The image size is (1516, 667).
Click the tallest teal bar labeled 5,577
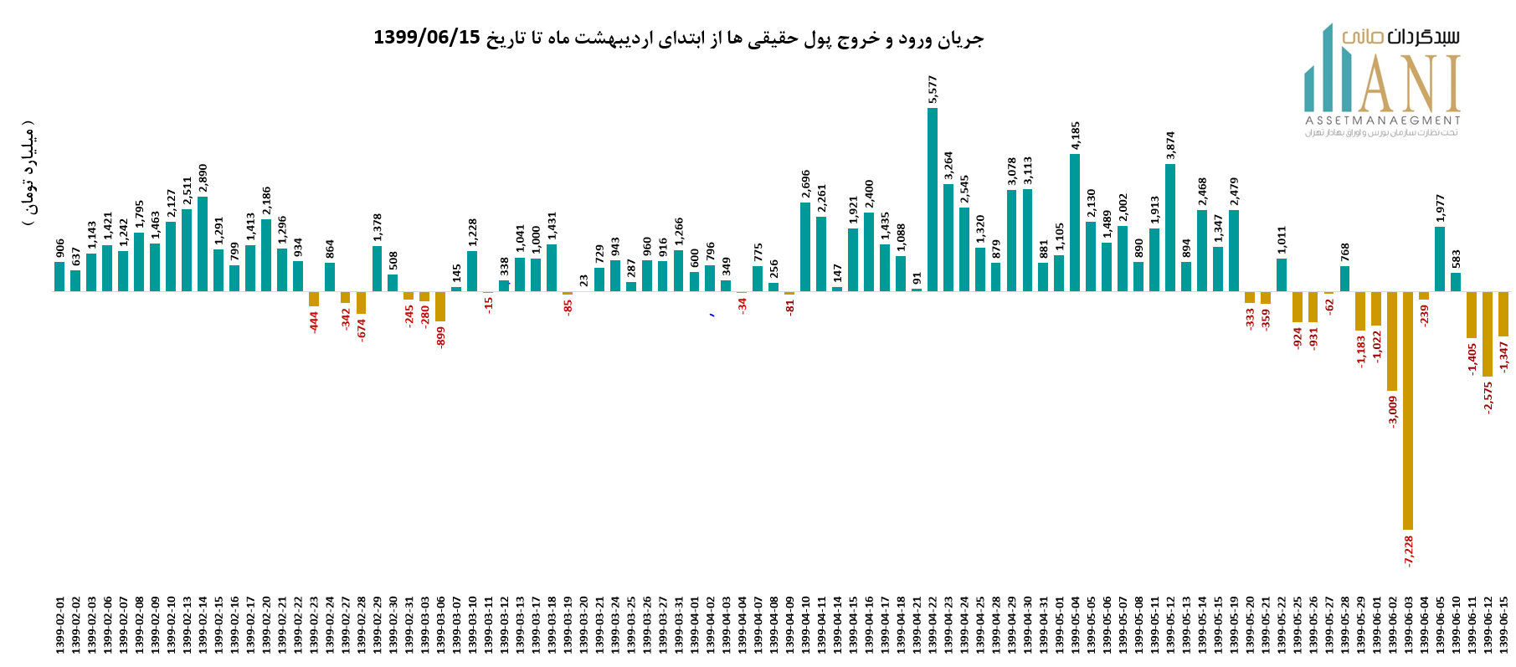[932, 199]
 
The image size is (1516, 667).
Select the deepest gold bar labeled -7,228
[1408, 410]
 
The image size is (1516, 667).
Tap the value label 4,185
[1076, 136]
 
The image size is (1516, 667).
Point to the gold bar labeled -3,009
[1392, 341]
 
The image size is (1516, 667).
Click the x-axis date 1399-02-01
[60, 625]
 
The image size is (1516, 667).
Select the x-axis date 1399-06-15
[1503, 625]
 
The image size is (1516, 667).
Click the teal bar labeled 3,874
[1170, 228]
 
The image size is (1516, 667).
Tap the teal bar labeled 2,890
[203, 244]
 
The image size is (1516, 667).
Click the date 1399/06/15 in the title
[427, 38]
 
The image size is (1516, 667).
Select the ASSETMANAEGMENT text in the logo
[1382, 121]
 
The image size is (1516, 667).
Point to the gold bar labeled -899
[440, 306]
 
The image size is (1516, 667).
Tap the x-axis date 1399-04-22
[933, 625]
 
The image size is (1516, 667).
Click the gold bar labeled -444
[314, 299]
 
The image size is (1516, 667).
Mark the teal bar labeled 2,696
[805, 247]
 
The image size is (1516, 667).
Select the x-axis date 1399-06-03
[1408, 625]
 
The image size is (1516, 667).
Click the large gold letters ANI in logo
[1410, 84]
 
